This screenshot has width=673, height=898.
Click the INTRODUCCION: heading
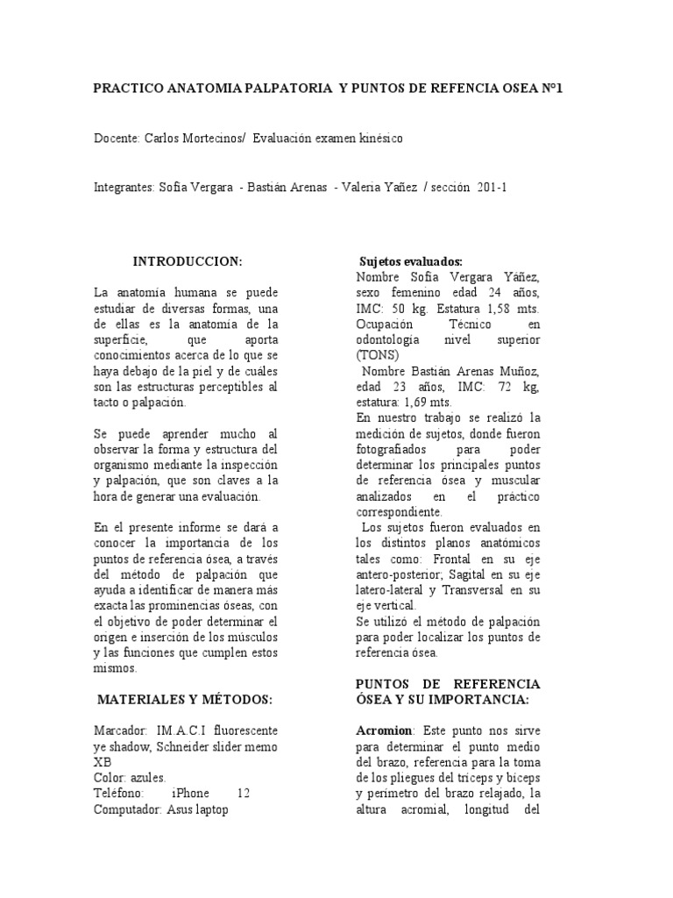tap(187, 261)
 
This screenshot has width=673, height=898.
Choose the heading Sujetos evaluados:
tap(411, 262)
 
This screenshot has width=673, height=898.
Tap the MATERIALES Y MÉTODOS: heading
tap(185, 699)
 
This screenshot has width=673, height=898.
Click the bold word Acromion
tap(386, 731)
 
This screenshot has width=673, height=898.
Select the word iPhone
tap(190, 794)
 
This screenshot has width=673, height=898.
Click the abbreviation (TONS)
tap(377, 355)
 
